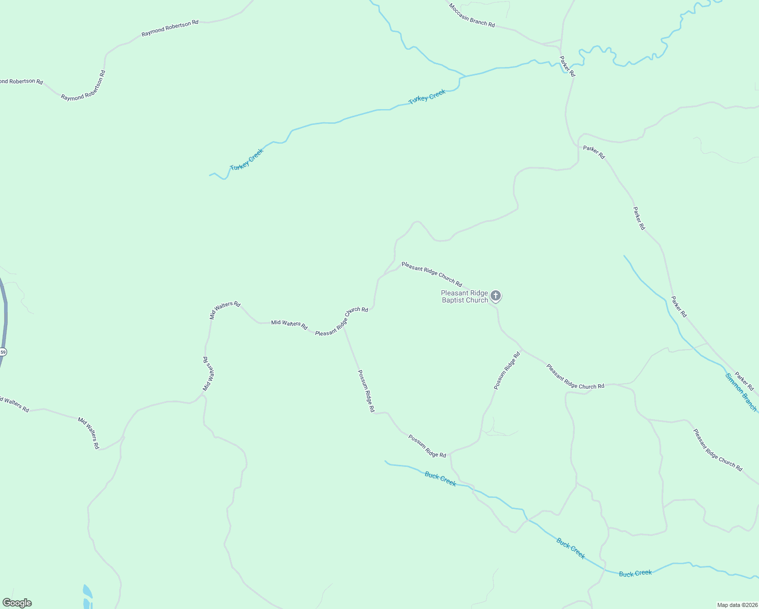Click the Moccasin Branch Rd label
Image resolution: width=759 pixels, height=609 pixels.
click(471, 15)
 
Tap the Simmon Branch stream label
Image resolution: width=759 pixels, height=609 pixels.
click(741, 392)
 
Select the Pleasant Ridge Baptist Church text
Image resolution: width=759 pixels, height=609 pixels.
click(464, 296)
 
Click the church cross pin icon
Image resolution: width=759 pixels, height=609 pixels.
click(496, 296)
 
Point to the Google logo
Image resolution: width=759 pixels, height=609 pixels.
click(17, 603)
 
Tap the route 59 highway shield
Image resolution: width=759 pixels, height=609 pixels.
click(3, 352)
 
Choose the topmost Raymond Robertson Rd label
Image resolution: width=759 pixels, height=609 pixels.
click(169, 28)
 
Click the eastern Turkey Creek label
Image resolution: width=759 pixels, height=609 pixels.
click(427, 96)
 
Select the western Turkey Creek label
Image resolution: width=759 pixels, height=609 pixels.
click(247, 159)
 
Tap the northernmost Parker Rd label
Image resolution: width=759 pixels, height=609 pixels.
click(567, 66)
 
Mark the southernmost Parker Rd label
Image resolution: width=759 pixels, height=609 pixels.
click(745, 380)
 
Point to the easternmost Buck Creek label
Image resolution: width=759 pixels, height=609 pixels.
click(635, 573)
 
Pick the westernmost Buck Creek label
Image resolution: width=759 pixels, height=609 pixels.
click(440, 479)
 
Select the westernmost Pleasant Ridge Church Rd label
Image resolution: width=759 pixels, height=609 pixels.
click(341, 321)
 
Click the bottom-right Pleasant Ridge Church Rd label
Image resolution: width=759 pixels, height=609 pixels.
click(717, 450)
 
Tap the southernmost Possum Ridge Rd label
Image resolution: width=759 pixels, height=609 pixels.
click(427, 446)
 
